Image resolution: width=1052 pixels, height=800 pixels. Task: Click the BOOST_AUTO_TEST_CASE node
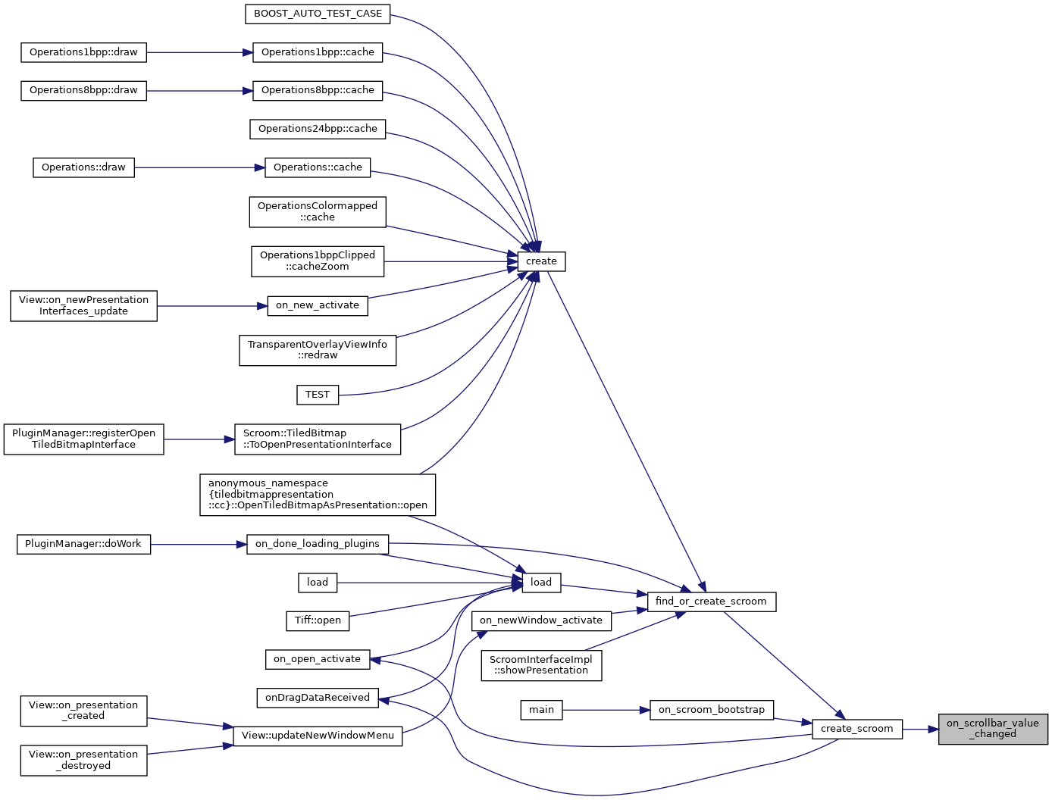(318, 14)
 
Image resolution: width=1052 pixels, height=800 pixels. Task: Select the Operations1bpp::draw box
(83, 52)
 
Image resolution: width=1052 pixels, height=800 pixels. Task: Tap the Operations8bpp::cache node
(318, 90)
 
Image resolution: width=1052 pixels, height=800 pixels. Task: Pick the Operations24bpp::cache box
(318, 129)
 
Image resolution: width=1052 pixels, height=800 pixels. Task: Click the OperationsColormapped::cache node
(318, 211)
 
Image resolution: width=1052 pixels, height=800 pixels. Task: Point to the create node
(541, 261)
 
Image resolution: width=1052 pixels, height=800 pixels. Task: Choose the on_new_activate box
(318, 305)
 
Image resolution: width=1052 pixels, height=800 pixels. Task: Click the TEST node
(318, 395)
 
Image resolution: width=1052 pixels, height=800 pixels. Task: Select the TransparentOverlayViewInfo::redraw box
(318, 350)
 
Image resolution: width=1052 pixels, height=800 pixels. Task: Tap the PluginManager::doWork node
(83, 544)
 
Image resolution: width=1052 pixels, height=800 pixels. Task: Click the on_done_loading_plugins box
(318, 544)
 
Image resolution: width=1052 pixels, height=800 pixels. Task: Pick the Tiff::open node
(318, 620)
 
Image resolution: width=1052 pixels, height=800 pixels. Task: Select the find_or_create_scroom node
(711, 602)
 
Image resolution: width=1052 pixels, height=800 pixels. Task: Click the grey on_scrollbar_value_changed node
(993, 729)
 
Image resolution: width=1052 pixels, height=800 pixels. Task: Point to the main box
(541, 710)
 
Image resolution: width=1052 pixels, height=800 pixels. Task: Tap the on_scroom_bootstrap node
(712, 710)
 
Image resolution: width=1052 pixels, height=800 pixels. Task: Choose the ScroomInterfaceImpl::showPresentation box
(541, 665)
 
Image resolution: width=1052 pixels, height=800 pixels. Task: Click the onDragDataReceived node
(318, 698)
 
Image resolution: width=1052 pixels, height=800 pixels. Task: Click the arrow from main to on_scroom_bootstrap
(606, 710)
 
